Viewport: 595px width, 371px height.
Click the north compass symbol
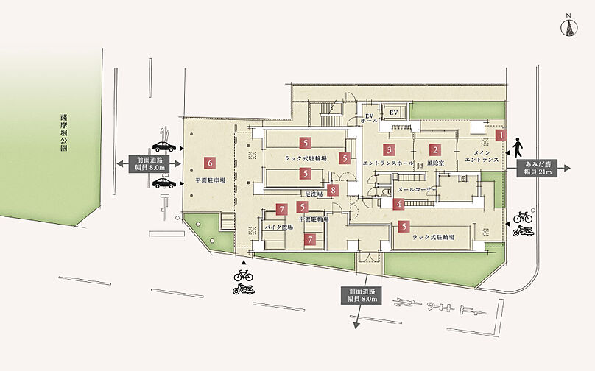coord(568,26)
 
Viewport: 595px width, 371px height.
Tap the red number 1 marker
coord(501,135)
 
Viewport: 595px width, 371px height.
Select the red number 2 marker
coord(435,149)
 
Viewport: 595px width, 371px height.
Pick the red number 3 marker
coord(387,149)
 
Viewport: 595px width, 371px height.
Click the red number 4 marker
coord(398,205)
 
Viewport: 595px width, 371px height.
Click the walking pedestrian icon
coord(519,144)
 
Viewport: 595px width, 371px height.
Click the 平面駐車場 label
coord(209,180)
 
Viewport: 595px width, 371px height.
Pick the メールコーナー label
coord(417,189)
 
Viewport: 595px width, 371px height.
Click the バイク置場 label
coord(279,227)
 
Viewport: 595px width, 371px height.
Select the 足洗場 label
coord(313,194)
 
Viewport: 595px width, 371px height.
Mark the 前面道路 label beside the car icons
coord(149,163)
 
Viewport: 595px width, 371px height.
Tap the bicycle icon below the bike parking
coord(243,275)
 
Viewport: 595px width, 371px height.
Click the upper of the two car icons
coord(163,146)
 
